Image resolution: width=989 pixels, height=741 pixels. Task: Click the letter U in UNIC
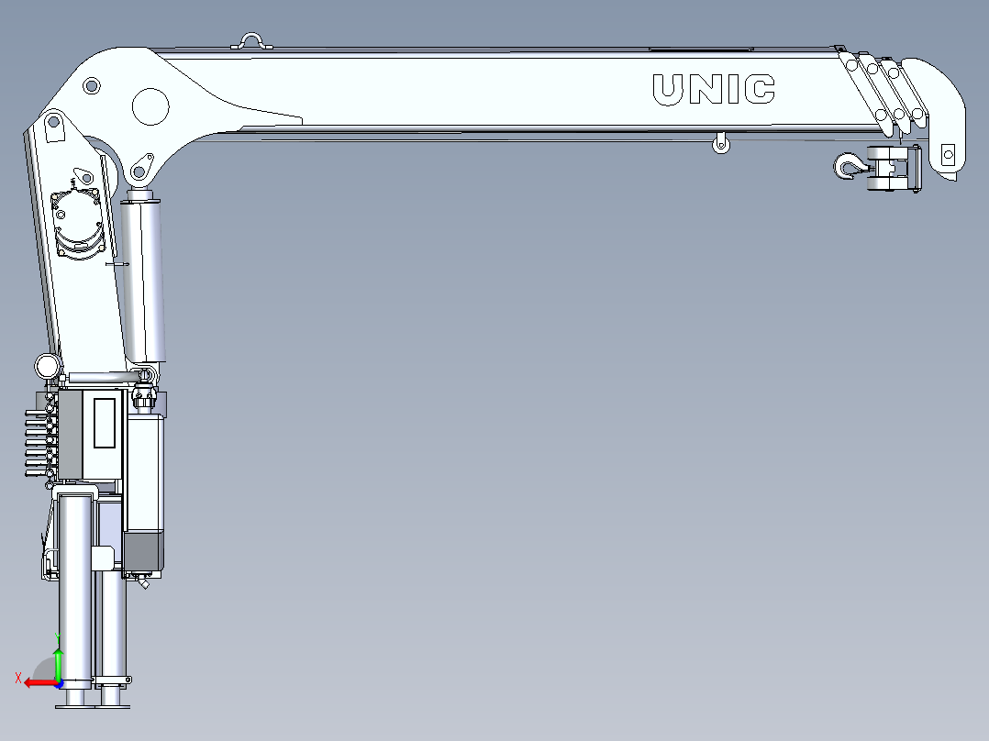(x=667, y=89)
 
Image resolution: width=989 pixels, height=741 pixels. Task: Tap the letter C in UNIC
(x=761, y=89)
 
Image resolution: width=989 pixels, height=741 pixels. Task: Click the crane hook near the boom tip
(x=847, y=167)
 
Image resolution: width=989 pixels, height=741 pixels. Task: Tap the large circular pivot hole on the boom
(x=150, y=106)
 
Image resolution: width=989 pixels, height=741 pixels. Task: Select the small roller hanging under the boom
(x=721, y=143)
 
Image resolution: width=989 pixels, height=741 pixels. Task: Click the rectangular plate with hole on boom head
(x=948, y=152)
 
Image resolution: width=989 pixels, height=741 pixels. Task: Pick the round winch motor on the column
(x=77, y=218)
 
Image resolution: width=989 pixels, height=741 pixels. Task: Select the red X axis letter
(x=17, y=678)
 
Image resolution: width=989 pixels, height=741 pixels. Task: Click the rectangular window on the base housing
(x=105, y=423)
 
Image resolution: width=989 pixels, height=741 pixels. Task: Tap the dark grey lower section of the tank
(x=144, y=550)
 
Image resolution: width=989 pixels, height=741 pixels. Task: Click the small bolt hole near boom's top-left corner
(x=91, y=87)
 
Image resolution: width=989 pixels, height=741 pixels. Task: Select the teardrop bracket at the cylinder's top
(x=140, y=169)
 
